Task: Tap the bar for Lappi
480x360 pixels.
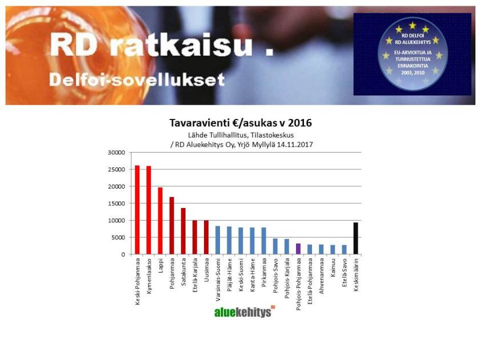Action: (x=160, y=221)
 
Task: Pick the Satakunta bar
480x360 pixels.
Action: (x=183, y=231)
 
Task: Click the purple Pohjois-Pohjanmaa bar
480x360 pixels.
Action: (x=298, y=249)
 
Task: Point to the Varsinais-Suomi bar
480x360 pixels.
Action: (x=218, y=240)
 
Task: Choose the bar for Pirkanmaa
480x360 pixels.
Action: (x=263, y=241)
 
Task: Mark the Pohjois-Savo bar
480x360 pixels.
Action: (x=275, y=246)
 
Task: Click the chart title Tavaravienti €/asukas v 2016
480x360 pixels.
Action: (x=241, y=123)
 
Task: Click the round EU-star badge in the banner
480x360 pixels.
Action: (x=412, y=54)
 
